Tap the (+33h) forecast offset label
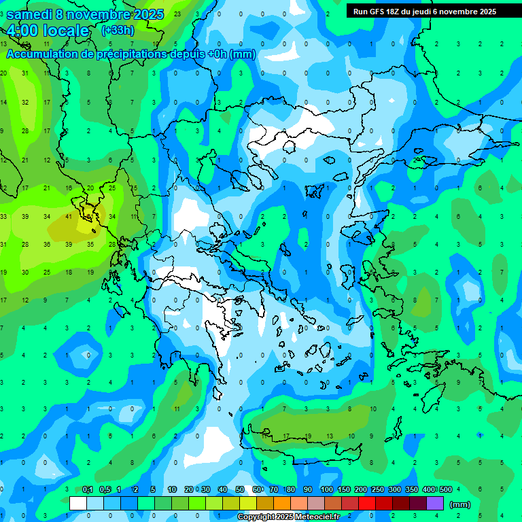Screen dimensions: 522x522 click(x=118, y=30)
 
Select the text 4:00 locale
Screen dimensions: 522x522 click(x=48, y=31)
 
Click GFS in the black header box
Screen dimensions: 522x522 click(x=381, y=12)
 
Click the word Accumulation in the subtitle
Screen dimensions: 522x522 click(x=47, y=54)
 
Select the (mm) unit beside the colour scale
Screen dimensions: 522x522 click(x=460, y=504)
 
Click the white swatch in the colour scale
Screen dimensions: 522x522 click(x=78, y=504)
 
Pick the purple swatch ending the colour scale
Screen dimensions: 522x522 click(x=435, y=504)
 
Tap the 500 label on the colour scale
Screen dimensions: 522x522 click(x=445, y=489)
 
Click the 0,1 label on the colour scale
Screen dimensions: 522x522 click(x=88, y=489)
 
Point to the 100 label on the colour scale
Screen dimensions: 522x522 click(x=326, y=489)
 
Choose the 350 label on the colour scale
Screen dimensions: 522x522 click(x=411, y=489)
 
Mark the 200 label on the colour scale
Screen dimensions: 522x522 click(x=360, y=489)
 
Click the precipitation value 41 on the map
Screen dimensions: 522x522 click(x=69, y=217)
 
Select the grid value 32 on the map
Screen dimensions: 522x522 click(x=25, y=103)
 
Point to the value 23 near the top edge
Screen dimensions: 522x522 click(x=177, y=14)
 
